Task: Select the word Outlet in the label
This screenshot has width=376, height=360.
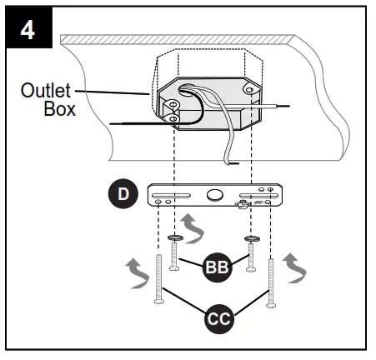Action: coord(46,92)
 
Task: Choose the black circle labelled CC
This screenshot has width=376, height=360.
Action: coord(218,318)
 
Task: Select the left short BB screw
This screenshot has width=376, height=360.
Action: coord(174,252)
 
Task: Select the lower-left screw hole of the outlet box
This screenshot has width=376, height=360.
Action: coord(173,118)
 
